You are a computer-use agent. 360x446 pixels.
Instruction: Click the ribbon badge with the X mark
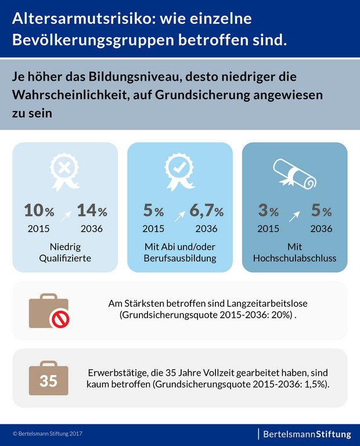coord(64,172)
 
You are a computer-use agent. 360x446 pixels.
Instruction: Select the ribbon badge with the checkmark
coord(179,172)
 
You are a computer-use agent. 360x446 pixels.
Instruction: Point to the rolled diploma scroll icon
coord(294,172)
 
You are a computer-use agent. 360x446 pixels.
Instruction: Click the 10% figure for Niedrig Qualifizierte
coord(38,211)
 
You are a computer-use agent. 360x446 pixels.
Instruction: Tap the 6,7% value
coord(206,211)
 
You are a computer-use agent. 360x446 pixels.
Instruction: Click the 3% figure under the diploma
coord(268,211)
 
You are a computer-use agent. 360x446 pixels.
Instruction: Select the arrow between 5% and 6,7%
coord(179,216)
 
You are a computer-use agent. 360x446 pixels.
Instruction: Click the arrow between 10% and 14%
coord(64,216)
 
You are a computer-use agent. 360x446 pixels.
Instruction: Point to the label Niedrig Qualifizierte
coord(64,253)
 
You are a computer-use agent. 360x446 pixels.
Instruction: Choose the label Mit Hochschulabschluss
coord(294,253)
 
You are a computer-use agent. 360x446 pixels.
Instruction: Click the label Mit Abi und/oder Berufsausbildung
coord(179,253)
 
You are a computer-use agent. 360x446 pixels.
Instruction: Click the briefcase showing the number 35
coord(48,378)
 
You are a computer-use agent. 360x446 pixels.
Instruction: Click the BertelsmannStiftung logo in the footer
coord(307,434)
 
